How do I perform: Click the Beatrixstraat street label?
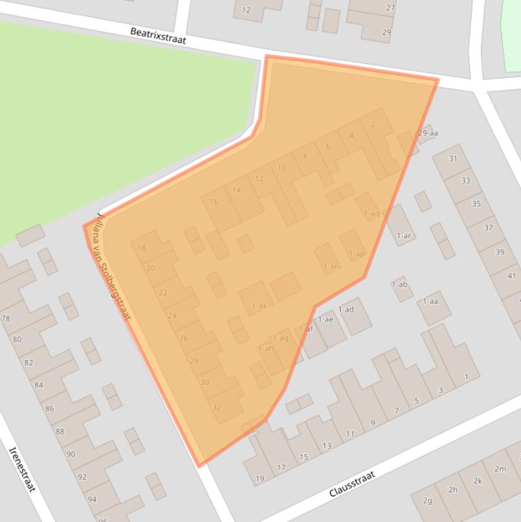[158, 36]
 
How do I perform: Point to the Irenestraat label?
[22, 469]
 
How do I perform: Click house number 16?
[214, 201]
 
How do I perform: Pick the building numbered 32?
[217, 407]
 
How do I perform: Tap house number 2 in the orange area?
[373, 124]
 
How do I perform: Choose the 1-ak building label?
[259, 306]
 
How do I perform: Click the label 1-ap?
[356, 254]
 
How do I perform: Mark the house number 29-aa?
[428, 133]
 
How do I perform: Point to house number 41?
[512, 276]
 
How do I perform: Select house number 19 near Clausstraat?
[259, 479]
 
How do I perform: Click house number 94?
[91, 500]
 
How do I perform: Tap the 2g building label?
[428, 501]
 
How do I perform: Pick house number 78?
[6, 319]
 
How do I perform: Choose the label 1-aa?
[430, 301]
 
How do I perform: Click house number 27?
[391, 8]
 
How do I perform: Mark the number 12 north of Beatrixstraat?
[246, 10]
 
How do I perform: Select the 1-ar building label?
[404, 236]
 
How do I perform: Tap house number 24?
[172, 316]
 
